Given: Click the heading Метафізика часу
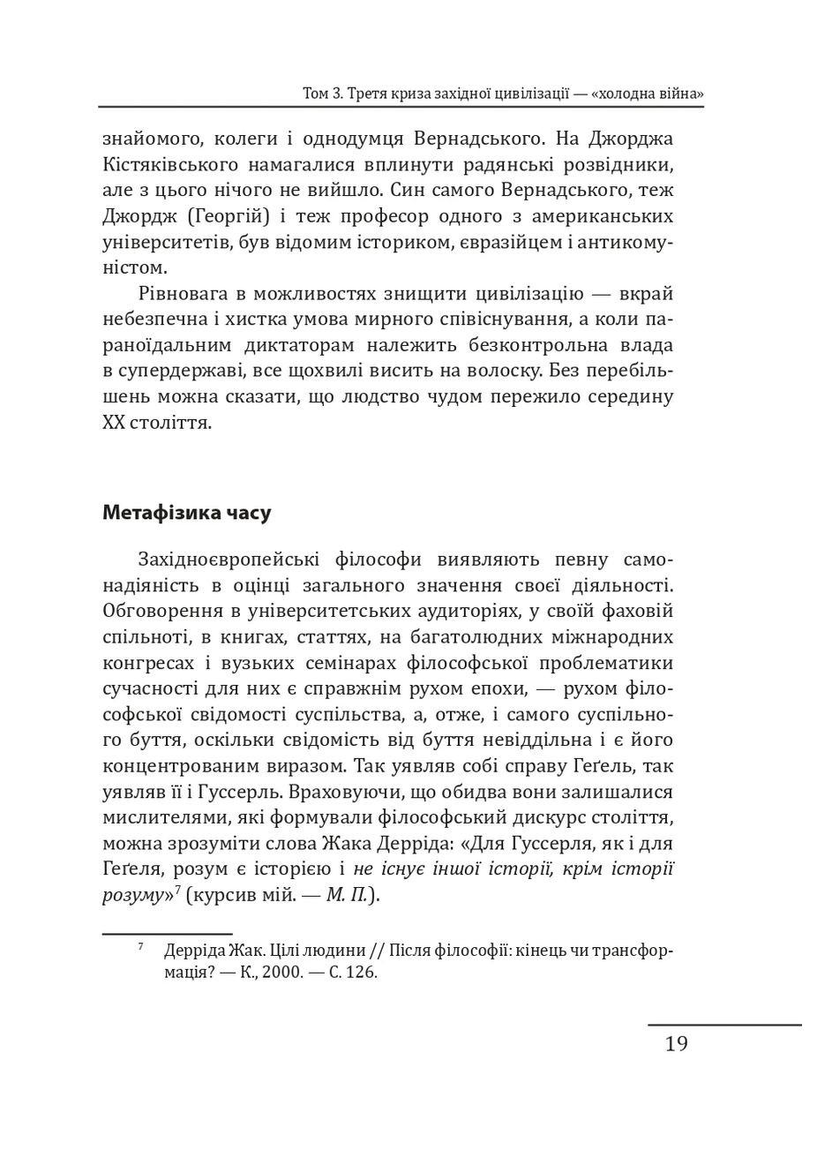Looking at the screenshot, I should coord(186,513).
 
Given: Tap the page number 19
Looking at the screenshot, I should coord(676,1044).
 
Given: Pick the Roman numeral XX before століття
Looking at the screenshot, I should coord(115,424).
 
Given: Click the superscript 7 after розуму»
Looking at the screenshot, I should coord(177,890).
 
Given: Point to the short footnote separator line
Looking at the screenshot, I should coord(167,933).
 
